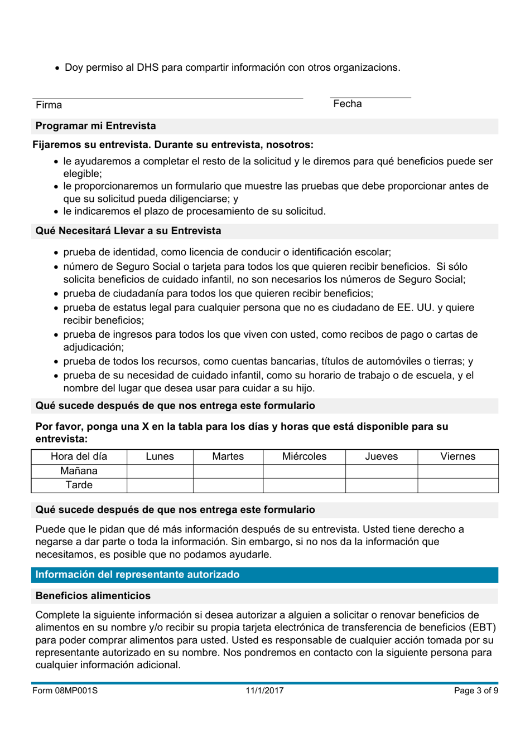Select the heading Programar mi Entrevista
coord(96,126)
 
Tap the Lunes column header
coord(160,456)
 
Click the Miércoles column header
coord(304,456)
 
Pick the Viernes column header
coord(457,456)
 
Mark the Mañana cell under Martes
coord(228,471)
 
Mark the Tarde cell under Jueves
coord(381,485)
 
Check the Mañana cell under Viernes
coord(457,471)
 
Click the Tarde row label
coord(79,485)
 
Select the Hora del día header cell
coord(79,456)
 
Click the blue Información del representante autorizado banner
coord(264,575)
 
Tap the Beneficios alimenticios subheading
coord(93,596)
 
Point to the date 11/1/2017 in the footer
coord(264,691)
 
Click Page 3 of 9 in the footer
coord(476,691)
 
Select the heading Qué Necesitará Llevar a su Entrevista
coord(128,231)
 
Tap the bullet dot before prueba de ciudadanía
coord(56,294)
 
